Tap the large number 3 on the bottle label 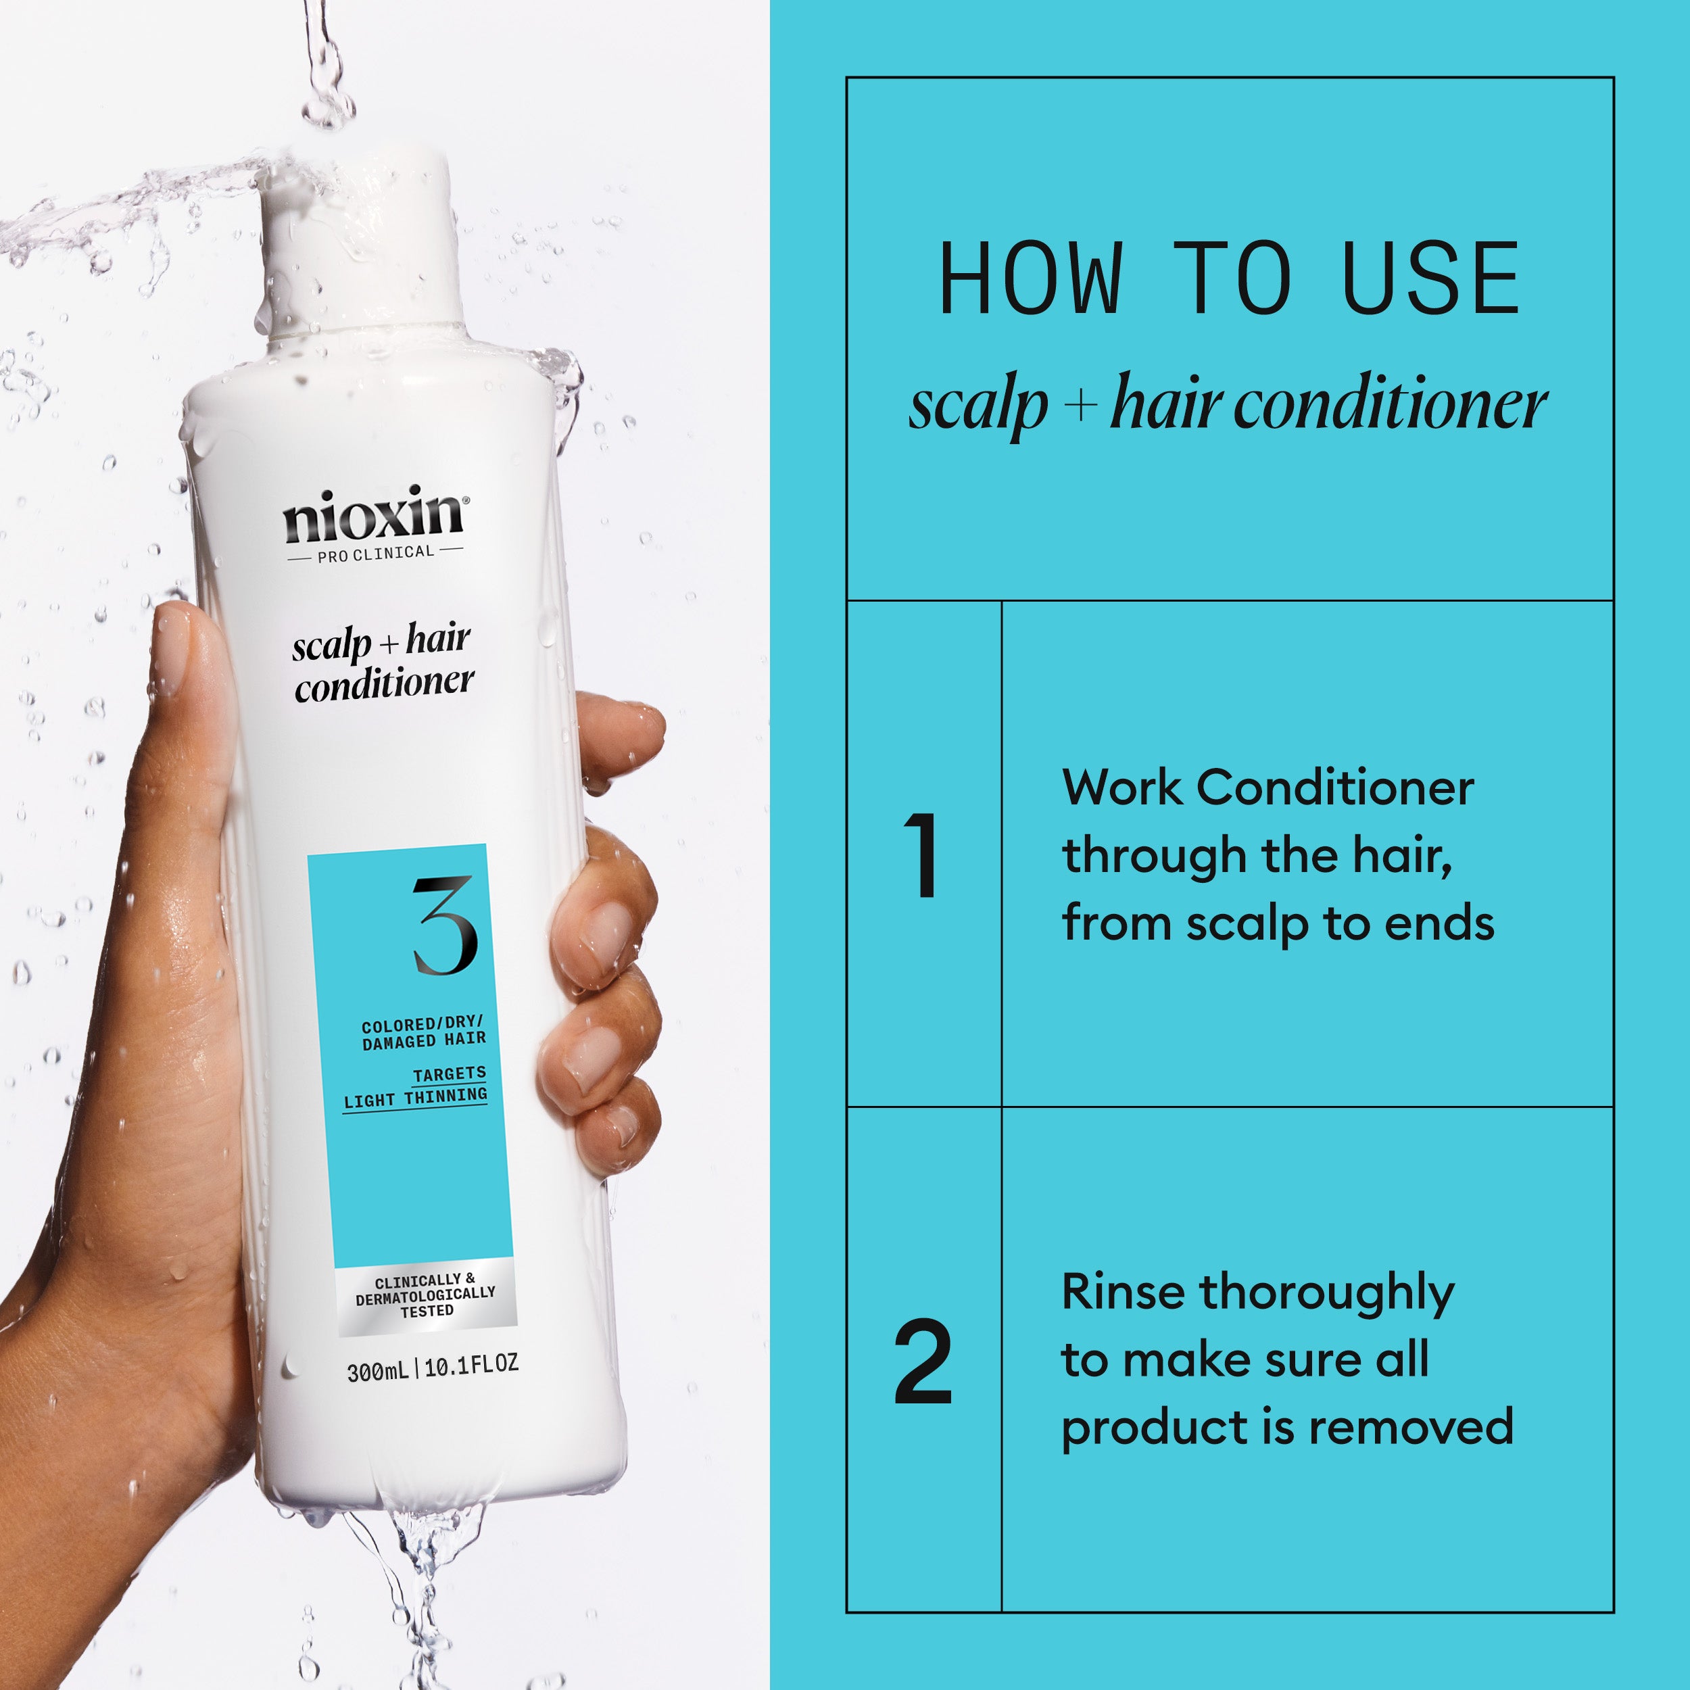point(444,926)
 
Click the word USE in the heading point(1430,279)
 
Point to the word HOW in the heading point(1030,279)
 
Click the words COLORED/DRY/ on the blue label point(422,1024)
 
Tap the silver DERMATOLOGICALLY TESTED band point(426,1295)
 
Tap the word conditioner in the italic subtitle point(1390,406)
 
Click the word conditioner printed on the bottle point(384,684)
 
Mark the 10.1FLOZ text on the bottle point(470,1365)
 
